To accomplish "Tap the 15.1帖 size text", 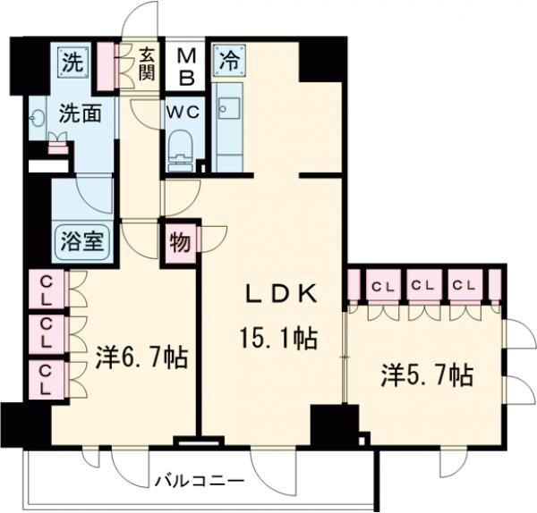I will click(278, 339).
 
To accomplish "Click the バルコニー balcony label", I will click(205, 482).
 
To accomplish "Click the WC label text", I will click(185, 114).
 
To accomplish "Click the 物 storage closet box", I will click(179, 242).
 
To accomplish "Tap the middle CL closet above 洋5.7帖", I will click(423, 286).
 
